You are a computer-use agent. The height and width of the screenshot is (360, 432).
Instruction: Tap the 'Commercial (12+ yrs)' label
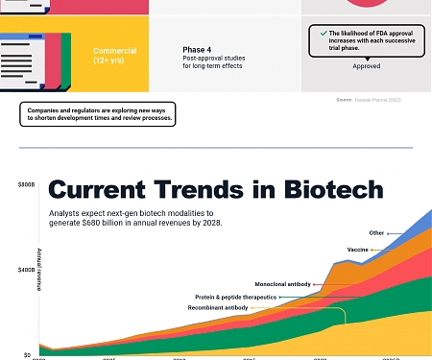[114, 55]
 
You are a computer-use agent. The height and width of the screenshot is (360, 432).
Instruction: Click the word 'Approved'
[366, 66]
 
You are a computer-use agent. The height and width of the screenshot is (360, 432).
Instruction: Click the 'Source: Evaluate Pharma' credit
[375, 100]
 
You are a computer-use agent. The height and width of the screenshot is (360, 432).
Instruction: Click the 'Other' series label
[376, 232]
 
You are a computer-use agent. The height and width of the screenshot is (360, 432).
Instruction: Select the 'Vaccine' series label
[358, 250]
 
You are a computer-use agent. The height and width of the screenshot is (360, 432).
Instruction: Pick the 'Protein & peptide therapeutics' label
[235, 298]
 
